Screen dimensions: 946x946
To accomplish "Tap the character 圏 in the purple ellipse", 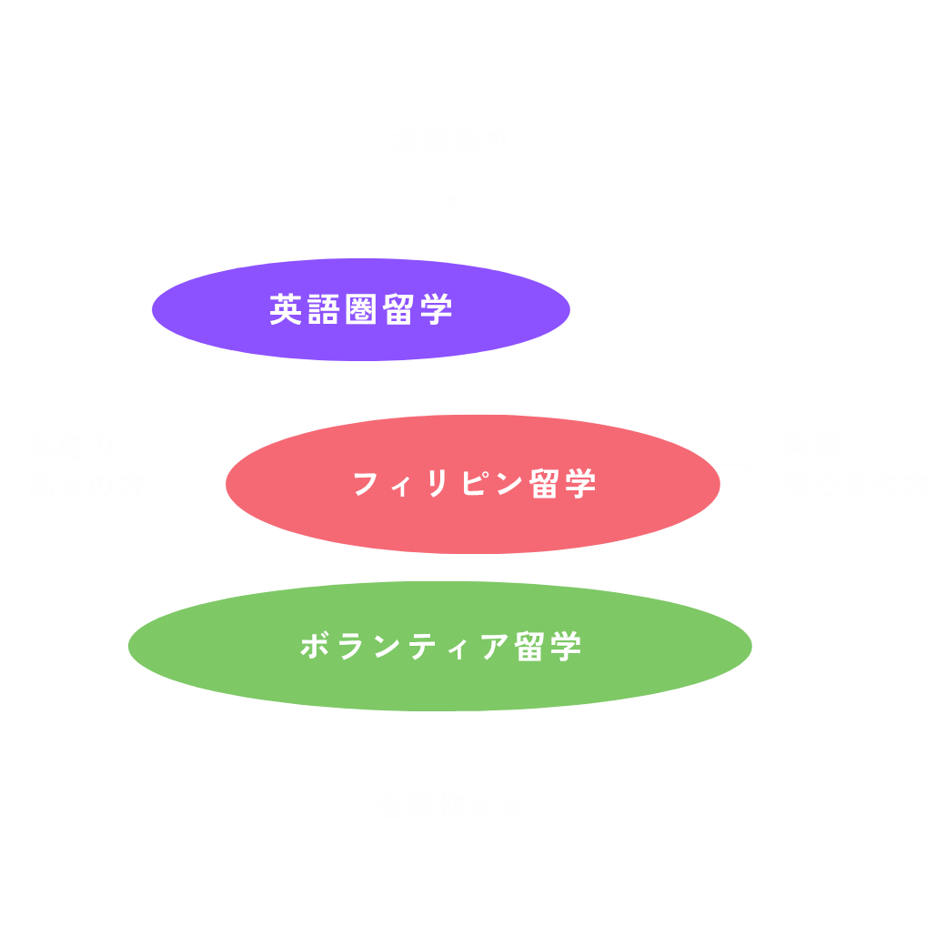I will pyautogui.click(x=361, y=310).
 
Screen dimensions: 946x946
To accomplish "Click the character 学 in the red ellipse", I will pyautogui.click(x=579, y=484).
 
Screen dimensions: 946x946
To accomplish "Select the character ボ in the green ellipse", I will pyautogui.click(x=316, y=647).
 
